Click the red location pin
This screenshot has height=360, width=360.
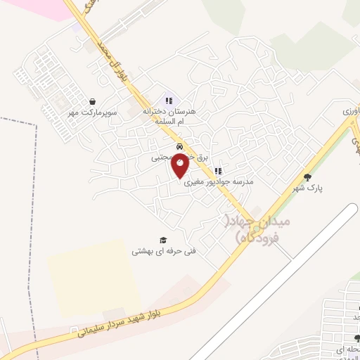click(x=181, y=166)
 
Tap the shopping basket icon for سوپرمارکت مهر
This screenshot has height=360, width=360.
click(x=93, y=102)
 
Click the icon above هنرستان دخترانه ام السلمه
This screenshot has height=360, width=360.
click(x=167, y=100)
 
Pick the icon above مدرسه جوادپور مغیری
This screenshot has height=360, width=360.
click(x=218, y=171)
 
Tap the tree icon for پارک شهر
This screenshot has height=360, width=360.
click(x=307, y=177)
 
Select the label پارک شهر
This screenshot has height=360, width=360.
click(x=307, y=189)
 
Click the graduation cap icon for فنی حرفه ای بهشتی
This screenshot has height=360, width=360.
click(x=163, y=240)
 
